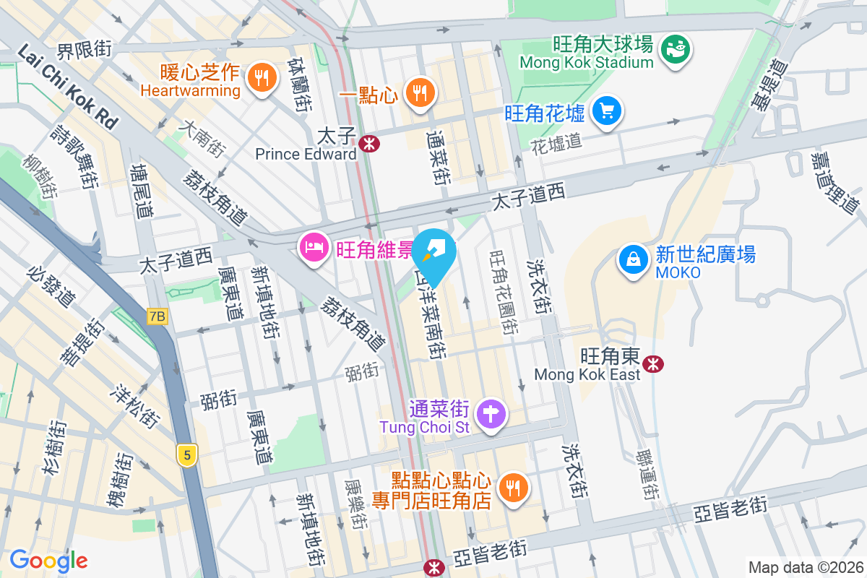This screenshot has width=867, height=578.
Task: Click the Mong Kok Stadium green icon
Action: [x=677, y=49]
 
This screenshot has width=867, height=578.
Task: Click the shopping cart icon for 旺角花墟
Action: [x=607, y=111]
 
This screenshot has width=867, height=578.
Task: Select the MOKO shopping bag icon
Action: [x=634, y=259]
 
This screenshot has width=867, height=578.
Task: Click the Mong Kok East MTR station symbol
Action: [x=652, y=363]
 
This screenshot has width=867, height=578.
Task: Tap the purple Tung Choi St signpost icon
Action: [x=491, y=415]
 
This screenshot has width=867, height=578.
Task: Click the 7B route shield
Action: [x=156, y=316]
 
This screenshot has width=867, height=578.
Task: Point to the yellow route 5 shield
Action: [x=187, y=455]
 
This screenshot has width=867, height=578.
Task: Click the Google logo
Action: [x=48, y=560]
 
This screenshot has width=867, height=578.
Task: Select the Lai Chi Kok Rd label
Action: [x=66, y=86]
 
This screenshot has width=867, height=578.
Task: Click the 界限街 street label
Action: [x=85, y=50]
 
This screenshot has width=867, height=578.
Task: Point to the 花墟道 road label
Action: [x=556, y=142]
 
